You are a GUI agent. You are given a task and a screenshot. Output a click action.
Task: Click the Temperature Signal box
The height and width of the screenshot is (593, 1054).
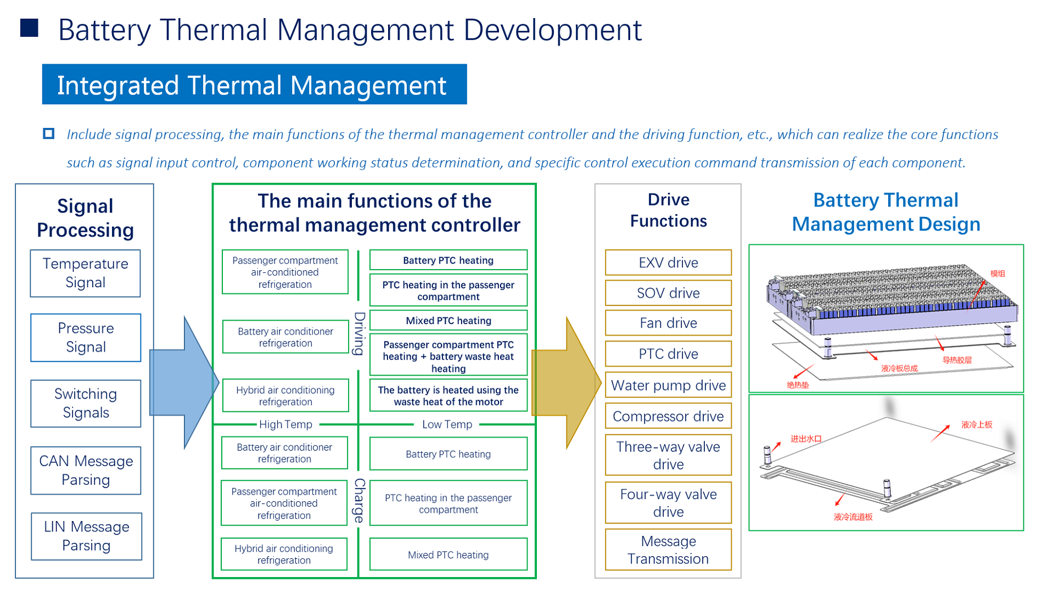[x=85, y=273]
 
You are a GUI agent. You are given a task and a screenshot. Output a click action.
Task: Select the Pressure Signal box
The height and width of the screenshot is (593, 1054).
[x=86, y=338]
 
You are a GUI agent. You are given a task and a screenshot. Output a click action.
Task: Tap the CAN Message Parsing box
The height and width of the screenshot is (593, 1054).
[x=86, y=471]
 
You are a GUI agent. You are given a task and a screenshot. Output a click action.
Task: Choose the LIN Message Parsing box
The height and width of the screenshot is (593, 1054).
[x=86, y=536]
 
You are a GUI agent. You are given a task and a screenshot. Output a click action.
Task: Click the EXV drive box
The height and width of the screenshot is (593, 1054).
[x=668, y=262]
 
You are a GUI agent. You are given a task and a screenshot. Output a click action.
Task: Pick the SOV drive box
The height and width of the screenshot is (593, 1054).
[x=668, y=293]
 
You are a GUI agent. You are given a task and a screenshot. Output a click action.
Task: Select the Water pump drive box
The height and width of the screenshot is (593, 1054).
[x=668, y=385]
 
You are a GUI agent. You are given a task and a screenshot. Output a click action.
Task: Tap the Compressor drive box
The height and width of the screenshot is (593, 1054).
[x=668, y=416]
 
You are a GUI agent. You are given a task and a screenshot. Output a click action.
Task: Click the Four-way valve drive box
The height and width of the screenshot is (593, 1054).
[x=668, y=502]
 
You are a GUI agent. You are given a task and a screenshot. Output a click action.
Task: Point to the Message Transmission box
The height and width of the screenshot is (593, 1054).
[x=668, y=550]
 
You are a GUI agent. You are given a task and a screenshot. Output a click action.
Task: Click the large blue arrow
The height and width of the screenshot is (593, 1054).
[x=184, y=383]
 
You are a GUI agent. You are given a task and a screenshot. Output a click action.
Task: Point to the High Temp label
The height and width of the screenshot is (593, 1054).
[x=285, y=424]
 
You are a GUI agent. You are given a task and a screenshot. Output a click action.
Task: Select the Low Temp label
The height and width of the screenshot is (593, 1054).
[x=447, y=424]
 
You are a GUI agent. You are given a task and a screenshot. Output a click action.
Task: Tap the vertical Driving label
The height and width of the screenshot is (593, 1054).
[x=359, y=334]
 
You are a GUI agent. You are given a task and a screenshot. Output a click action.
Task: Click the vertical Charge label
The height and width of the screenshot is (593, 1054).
[x=359, y=500]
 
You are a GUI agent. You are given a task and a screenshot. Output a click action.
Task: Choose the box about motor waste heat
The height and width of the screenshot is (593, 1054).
[x=448, y=395]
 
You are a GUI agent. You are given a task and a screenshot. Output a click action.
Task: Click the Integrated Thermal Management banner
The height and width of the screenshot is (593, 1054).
[x=254, y=85]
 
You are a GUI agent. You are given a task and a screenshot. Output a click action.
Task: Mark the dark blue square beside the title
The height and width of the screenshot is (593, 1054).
[x=29, y=28]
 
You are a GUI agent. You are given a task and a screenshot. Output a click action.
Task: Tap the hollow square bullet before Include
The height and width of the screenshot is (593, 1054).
[x=49, y=133]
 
